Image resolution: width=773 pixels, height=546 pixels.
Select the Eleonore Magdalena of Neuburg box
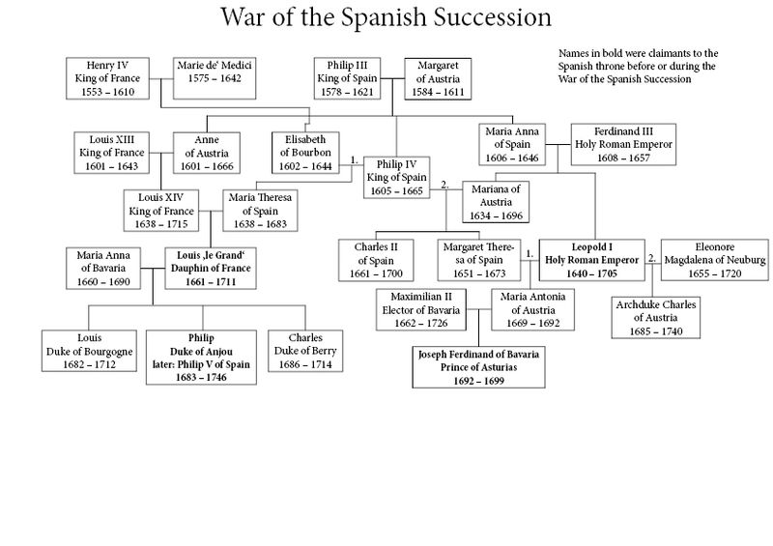714,261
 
